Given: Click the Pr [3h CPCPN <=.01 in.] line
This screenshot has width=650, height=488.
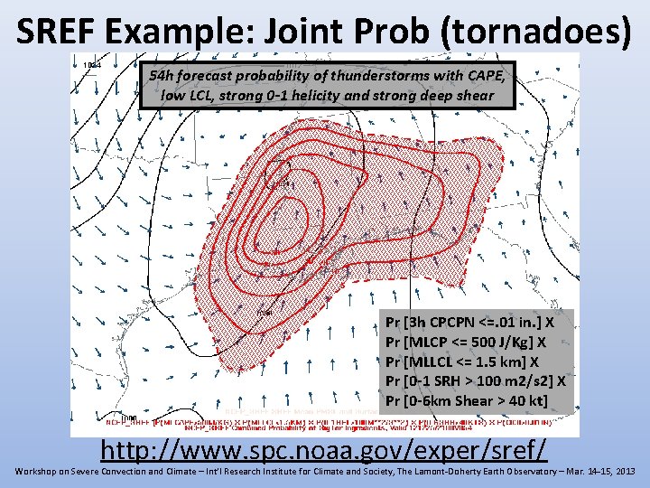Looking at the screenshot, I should (470, 321).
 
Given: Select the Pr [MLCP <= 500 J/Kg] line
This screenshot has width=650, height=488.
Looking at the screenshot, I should (465, 342).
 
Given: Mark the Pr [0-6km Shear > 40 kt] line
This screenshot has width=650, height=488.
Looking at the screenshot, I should (467, 400).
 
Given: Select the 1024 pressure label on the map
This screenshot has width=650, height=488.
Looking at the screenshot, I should (92, 65).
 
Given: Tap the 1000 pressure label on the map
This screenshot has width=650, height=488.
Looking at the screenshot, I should (129, 418).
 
